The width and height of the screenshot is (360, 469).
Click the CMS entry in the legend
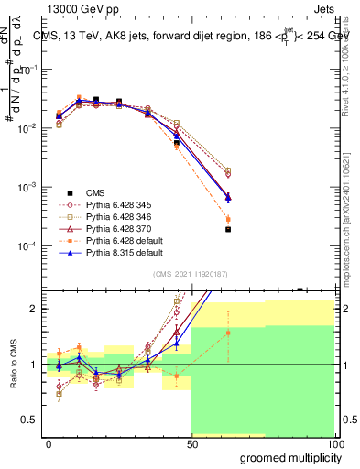click(95, 192)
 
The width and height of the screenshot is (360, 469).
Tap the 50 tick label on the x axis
click(191, 443)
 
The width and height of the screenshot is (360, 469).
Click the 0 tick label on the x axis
click(49, 443)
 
